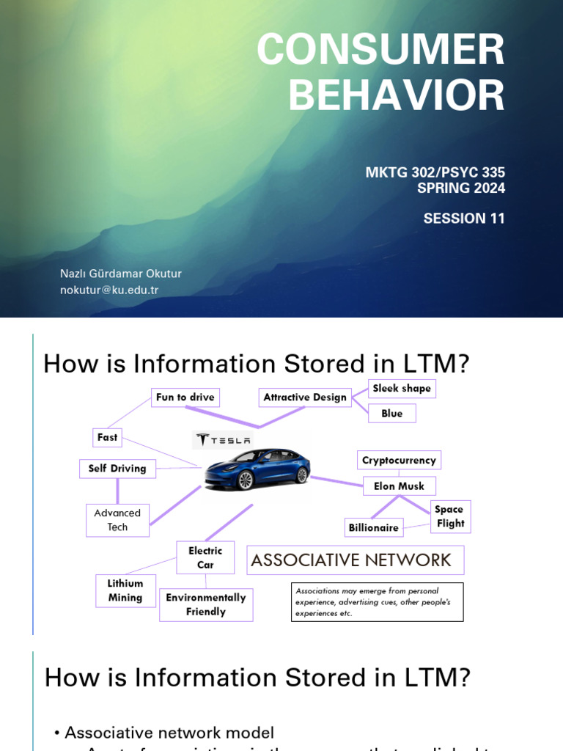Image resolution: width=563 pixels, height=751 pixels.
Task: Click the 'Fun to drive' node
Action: pos(185,398)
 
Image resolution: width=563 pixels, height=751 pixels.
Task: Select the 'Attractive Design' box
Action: pos(305,398)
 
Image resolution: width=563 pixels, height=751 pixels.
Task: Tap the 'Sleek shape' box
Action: pos(402,388)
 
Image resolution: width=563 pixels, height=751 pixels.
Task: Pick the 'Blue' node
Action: pos(392,414)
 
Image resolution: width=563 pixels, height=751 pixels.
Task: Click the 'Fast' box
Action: pos(107,437)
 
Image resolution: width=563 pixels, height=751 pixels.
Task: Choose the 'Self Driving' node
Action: pos(117,469)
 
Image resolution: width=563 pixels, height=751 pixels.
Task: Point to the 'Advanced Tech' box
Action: pos(117,520)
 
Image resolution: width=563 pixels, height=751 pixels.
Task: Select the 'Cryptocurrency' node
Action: pos(399,461)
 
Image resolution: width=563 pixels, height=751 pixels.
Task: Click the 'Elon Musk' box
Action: pos(400,486)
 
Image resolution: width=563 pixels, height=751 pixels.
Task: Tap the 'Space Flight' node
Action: pos(450,516)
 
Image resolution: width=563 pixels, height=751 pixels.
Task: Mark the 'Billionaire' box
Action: pos(374,527)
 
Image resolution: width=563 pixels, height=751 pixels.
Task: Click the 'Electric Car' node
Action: pos(205,557)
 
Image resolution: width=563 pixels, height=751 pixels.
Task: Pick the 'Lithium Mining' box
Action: pos(125,590)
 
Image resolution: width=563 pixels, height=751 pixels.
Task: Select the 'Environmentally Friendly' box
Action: pos(206,604)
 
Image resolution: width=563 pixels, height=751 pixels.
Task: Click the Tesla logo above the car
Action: pos(223,440)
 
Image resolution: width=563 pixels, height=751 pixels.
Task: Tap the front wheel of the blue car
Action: pos(245,480)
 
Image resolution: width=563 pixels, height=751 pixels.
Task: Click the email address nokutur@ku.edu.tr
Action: pos(109,290)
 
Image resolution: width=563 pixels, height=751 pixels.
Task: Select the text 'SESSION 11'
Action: pos(464,219)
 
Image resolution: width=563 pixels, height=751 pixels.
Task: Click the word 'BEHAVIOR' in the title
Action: pos(397,95)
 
